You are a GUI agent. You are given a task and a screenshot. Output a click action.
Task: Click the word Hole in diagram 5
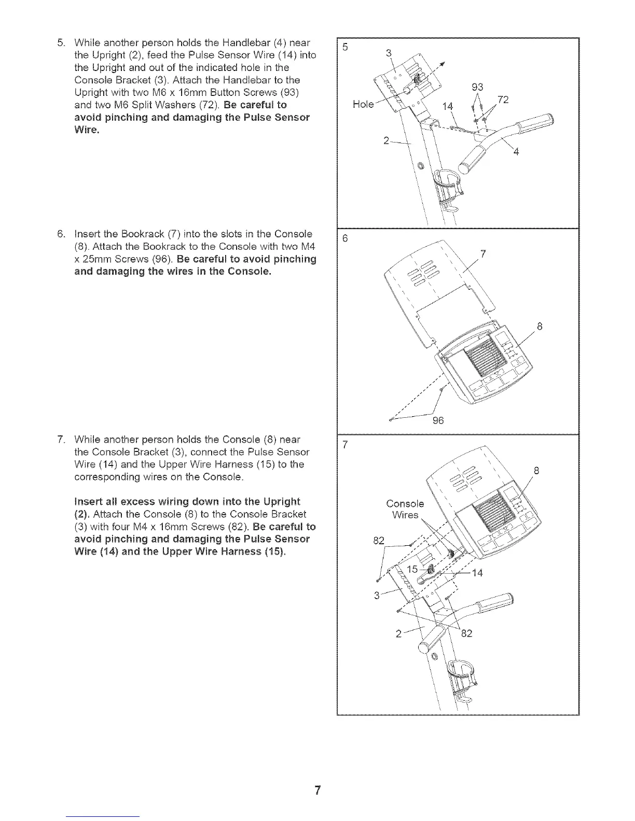363,104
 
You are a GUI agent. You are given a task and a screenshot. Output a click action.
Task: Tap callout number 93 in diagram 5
478,87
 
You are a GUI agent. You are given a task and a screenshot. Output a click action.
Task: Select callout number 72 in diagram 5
502,100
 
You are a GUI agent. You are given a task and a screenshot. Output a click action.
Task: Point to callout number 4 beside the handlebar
516,152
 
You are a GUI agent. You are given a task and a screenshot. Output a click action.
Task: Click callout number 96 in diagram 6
438,421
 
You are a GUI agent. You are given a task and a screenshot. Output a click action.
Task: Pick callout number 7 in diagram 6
483,254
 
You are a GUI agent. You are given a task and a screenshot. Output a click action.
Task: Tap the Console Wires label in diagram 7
405,509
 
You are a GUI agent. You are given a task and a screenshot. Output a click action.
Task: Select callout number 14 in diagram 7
477,573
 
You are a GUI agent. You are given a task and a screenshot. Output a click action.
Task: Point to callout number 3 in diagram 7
377,594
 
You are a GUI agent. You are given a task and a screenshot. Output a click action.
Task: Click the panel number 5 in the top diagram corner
345,47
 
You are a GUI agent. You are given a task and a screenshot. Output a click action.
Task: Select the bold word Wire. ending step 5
87,130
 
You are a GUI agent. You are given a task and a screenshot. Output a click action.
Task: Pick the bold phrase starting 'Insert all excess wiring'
187,502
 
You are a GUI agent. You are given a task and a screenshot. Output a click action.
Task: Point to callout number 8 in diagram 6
539,327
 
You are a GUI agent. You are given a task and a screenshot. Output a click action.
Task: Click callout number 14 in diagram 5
447,107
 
